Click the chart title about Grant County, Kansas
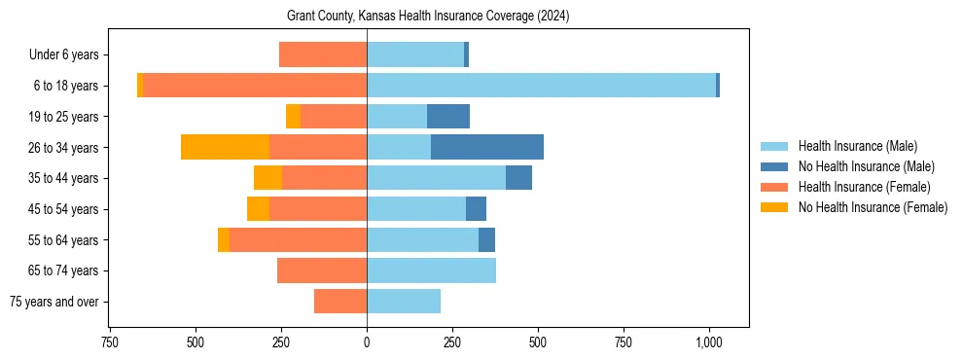pos(428,17)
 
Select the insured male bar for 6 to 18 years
pos(541,86)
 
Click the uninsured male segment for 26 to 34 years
pos(487,147)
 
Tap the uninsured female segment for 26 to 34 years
pos(225,147)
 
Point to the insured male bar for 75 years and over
pos(404,302)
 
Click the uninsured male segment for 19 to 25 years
pos(448,117)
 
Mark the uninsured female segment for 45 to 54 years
pos(258,209)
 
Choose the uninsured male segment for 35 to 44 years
pos(518,178)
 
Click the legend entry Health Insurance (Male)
pos(857,146)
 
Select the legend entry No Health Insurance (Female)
pos(873,207)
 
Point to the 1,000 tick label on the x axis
pos(709,342)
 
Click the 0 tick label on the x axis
pos(367,342)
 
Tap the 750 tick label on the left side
pos(109,342)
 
